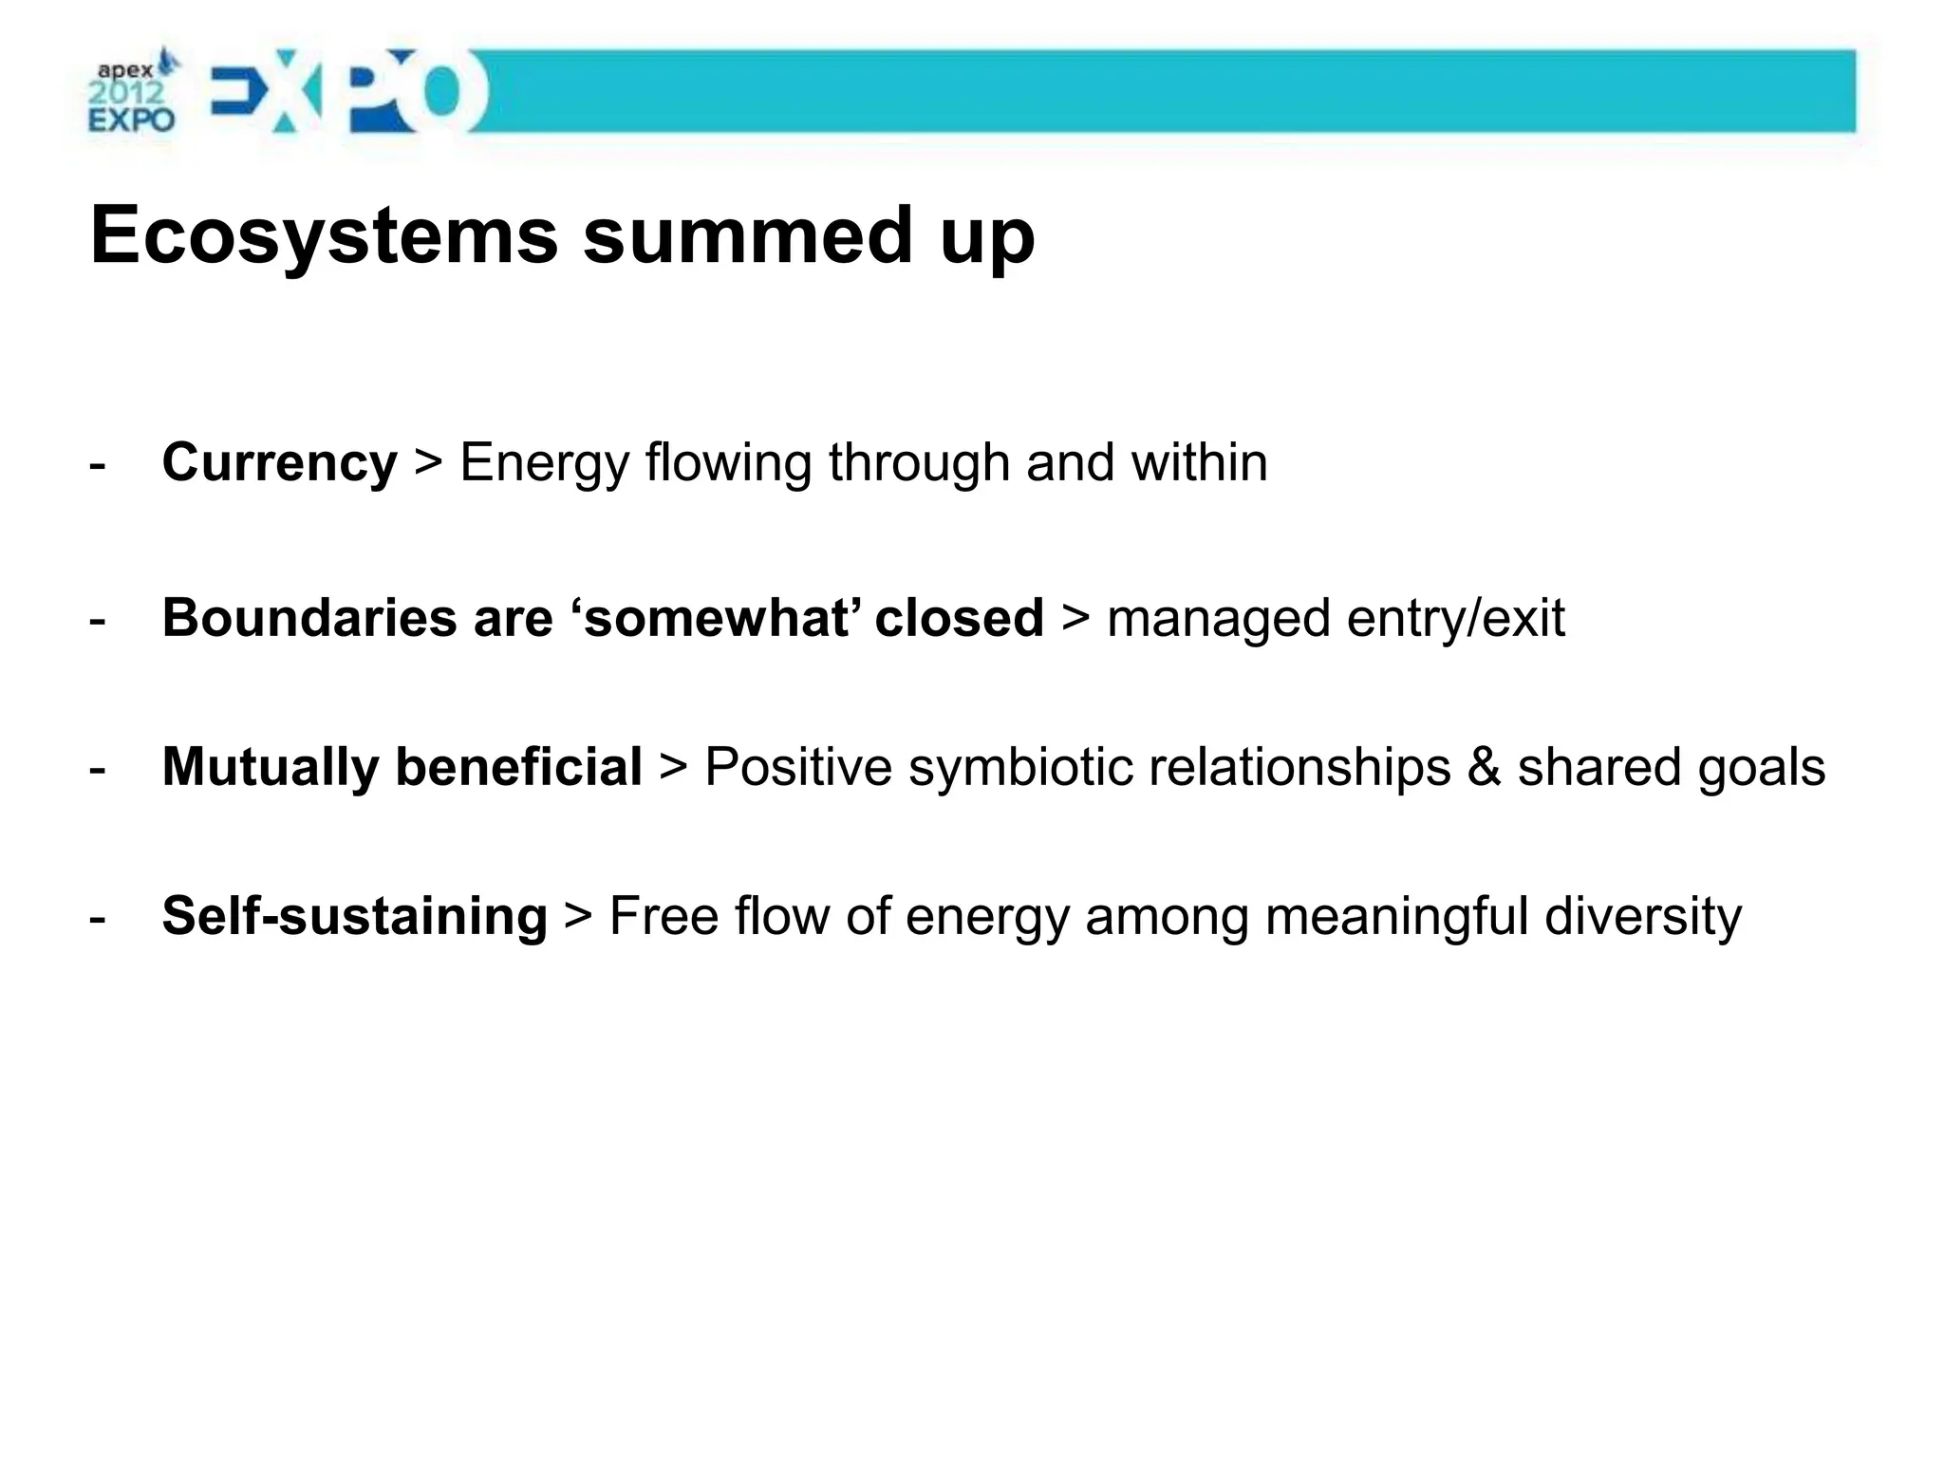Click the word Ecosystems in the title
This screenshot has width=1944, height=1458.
324,236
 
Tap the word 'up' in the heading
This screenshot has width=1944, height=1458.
987,239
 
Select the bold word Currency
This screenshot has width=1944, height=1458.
279,464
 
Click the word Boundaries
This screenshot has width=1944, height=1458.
309,618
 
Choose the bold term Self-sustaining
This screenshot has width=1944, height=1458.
354,917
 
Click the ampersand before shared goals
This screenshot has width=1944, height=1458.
1483,767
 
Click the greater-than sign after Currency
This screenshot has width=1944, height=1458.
428,464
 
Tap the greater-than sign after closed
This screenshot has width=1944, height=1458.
1075,618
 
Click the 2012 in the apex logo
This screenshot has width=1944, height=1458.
126,93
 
